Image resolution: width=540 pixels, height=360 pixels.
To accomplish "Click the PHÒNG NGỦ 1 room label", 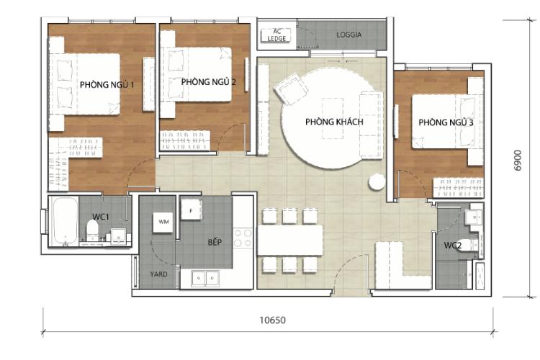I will [107, 84].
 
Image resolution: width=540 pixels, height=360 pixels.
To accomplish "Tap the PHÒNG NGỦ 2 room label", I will [209, 82].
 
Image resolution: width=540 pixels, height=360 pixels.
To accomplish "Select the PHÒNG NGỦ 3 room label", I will [446, 123].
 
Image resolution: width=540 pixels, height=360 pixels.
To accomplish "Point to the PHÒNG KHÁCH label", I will [334, 122].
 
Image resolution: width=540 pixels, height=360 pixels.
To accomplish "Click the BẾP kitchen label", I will [215, 242].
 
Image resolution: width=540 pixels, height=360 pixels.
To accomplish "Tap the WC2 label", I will [452, 246].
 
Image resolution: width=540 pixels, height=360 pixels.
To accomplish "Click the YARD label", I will [158, 274].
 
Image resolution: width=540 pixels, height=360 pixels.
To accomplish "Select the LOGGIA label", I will [349, 34].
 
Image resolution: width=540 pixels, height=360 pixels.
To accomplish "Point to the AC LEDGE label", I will [276, 35].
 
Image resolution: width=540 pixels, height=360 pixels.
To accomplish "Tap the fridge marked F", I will [191, 210].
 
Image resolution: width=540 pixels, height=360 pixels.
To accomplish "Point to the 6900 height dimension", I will [517, 169].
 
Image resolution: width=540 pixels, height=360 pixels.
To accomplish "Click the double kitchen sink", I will [206, 276].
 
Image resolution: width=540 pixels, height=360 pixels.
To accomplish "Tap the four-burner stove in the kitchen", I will [243, 238].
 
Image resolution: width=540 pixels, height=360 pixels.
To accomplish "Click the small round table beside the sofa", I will [377, 182].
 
